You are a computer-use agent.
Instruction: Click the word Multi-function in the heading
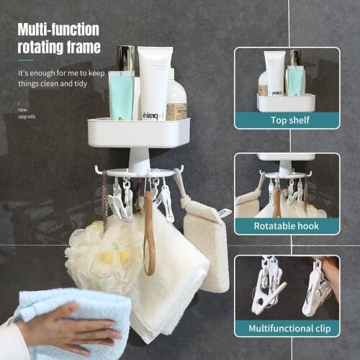[58, 30]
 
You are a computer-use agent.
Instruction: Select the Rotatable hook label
[287, 226]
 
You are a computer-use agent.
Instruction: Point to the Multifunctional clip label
[287, 328]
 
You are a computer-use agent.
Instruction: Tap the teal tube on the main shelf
[121, 95]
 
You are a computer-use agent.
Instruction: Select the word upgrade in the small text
[26, 117]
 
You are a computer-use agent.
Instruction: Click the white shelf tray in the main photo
[139, 133]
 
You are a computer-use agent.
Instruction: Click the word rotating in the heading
[39, 47]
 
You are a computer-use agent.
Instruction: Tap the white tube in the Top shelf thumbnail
[274, 72]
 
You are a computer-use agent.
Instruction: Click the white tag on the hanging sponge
[224, 212]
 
